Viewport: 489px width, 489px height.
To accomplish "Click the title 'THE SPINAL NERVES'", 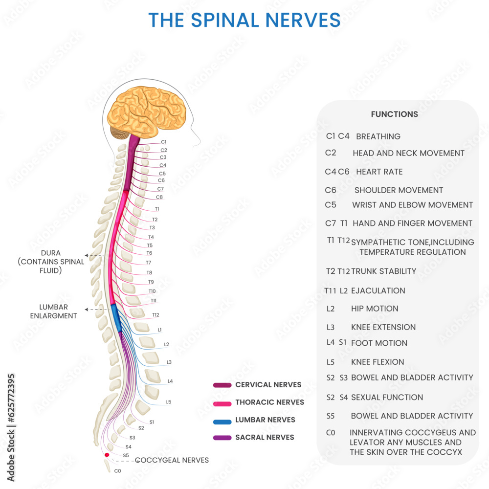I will pyautogui.click(x=244, y=20).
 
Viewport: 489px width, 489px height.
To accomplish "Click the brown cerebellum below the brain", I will pyautogui.click(x=119, y=133).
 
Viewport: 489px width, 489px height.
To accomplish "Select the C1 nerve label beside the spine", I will pyautogui.click(x=163, y=142).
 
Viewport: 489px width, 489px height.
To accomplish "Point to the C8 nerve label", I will pyautogui.click(x=159, y=197).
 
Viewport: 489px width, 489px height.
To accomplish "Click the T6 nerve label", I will pyautogui.click(x=149, y=253).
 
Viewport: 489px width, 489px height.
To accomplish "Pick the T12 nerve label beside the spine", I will pyautogui.click(x=156, y=315).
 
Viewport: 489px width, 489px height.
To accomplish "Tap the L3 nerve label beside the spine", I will pyautogui.click(x=169, y=362).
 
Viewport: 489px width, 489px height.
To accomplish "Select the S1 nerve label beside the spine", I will pyautogui.click(x=152, y=422).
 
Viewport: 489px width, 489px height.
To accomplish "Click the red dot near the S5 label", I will pyautogui.click(x=107, y=455).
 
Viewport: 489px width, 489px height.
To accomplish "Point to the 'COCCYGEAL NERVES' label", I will pyautogui.click(x=172, y=460).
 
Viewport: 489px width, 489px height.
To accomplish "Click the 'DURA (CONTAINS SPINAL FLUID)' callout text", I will pyautogui.click(x=51, y=262).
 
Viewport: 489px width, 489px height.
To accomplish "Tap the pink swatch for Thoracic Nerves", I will pyautogui.click(x=222, y=403).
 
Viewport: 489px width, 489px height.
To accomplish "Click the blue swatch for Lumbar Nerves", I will pyautogui.click(x=222, y=421).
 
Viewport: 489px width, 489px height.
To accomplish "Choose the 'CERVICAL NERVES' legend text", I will pyautogui.click(x=268, y=385).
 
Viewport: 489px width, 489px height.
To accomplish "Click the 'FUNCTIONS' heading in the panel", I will pyautogui.click(x=394, y=114).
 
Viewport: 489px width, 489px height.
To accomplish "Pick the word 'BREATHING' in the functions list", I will pyautogui.click(x=378, y=136).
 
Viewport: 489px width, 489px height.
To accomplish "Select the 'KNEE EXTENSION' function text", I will pyautogui.click(x=383, y=327).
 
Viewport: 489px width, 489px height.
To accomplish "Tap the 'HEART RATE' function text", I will pyautogui.click(x=379, y=172).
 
